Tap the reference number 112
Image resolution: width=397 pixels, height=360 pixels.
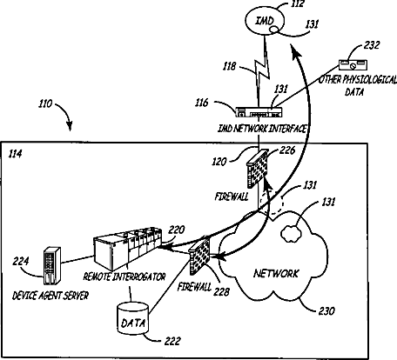coord(296,4)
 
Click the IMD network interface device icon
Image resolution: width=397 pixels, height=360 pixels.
coord(259,112)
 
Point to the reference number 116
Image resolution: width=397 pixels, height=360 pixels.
coord(202,103)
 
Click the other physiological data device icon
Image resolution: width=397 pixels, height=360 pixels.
coord(353,64)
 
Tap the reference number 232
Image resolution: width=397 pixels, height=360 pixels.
coord(372,45)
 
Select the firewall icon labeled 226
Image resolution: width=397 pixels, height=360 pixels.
coord(257,169)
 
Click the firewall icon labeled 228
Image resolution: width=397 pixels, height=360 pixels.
coord(199,256)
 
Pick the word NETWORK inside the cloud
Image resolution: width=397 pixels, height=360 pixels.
coord(276,273)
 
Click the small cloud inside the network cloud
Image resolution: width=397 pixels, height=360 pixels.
coord(290,233)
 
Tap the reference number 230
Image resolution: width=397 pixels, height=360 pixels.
coord(326,311)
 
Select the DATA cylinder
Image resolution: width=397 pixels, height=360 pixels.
coord(133,318)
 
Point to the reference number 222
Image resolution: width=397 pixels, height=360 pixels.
coord(172,341)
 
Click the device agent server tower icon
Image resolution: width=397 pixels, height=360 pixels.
coord(52,265)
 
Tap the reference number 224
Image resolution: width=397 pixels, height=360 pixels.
coord(21,261)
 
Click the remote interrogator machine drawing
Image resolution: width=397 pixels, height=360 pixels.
coord(128,248)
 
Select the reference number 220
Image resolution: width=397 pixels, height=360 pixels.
coord(177,230)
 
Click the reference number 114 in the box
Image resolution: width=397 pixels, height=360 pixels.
coord(15,154)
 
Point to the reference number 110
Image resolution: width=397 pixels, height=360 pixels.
coord(45,103)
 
